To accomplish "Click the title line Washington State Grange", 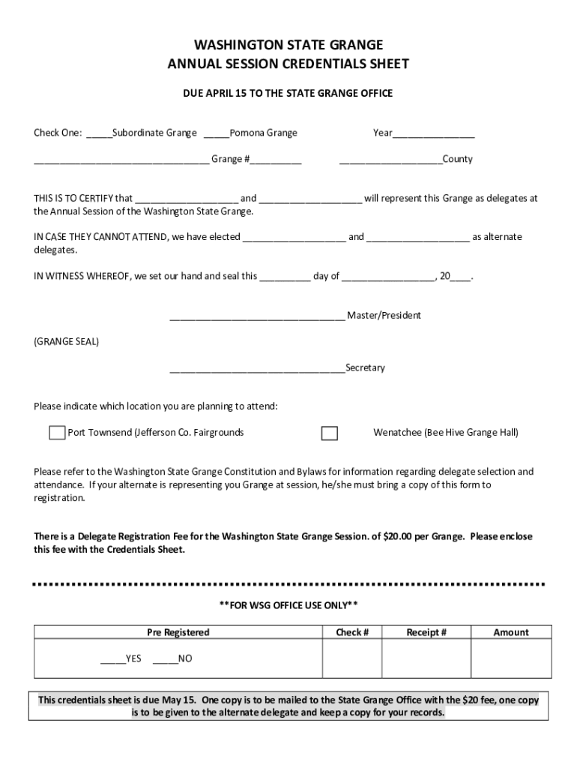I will click(x=288, y=45).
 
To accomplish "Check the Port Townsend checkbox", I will click(x=57, y=433).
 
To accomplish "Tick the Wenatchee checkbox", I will click(x=329, y=433).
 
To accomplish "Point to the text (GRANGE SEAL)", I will click(x=66, y=342).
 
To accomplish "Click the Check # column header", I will click(x=352, y=632).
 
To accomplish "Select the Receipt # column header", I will click(x=426, y=632).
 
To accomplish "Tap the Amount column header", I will click(x=511, y=632).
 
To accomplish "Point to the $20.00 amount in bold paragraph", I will click(x=402, y=536).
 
